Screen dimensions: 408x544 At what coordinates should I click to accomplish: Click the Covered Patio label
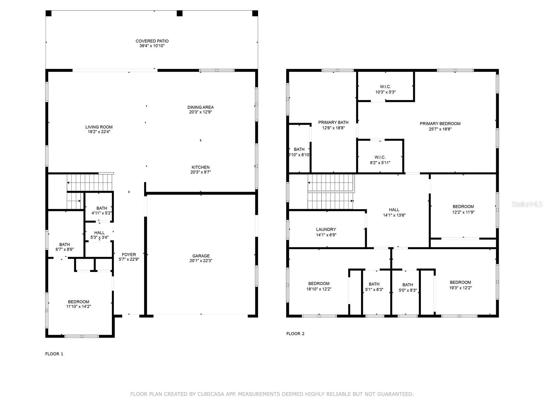click(x=152, y=41)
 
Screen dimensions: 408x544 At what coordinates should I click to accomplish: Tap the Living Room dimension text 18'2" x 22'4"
click(x=99, y=132)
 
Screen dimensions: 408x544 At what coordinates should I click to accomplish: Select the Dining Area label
click(x=200, y=107)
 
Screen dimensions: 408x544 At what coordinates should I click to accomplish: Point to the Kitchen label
click(x=200, y=167)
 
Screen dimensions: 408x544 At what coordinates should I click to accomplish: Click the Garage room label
click(x=201, y=256)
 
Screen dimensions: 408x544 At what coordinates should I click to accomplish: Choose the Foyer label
click(x=129, y=254)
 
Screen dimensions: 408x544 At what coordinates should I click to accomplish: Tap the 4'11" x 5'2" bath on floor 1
click(x=101, y=211)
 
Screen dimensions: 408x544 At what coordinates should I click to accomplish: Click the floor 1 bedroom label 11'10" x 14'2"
click(x=79, y=304)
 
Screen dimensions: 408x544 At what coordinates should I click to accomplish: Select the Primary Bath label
click(x=333, y=122)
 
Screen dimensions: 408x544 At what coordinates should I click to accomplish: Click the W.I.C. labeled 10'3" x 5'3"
click(x=385, y=89)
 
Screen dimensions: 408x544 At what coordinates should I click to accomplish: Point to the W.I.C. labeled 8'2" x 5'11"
click(x=380, y=160)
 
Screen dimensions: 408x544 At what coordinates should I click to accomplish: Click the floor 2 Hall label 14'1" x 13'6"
click(x=394, y=212)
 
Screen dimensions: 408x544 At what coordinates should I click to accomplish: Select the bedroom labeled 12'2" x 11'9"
click(x=463, y=209)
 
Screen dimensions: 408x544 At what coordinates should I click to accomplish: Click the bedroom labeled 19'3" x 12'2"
click(x=460, y=285)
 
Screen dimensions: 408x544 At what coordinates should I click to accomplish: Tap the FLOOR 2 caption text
click(x=295, y=334)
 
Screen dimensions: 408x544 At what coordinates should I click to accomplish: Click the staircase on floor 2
click(x=330, y=192)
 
